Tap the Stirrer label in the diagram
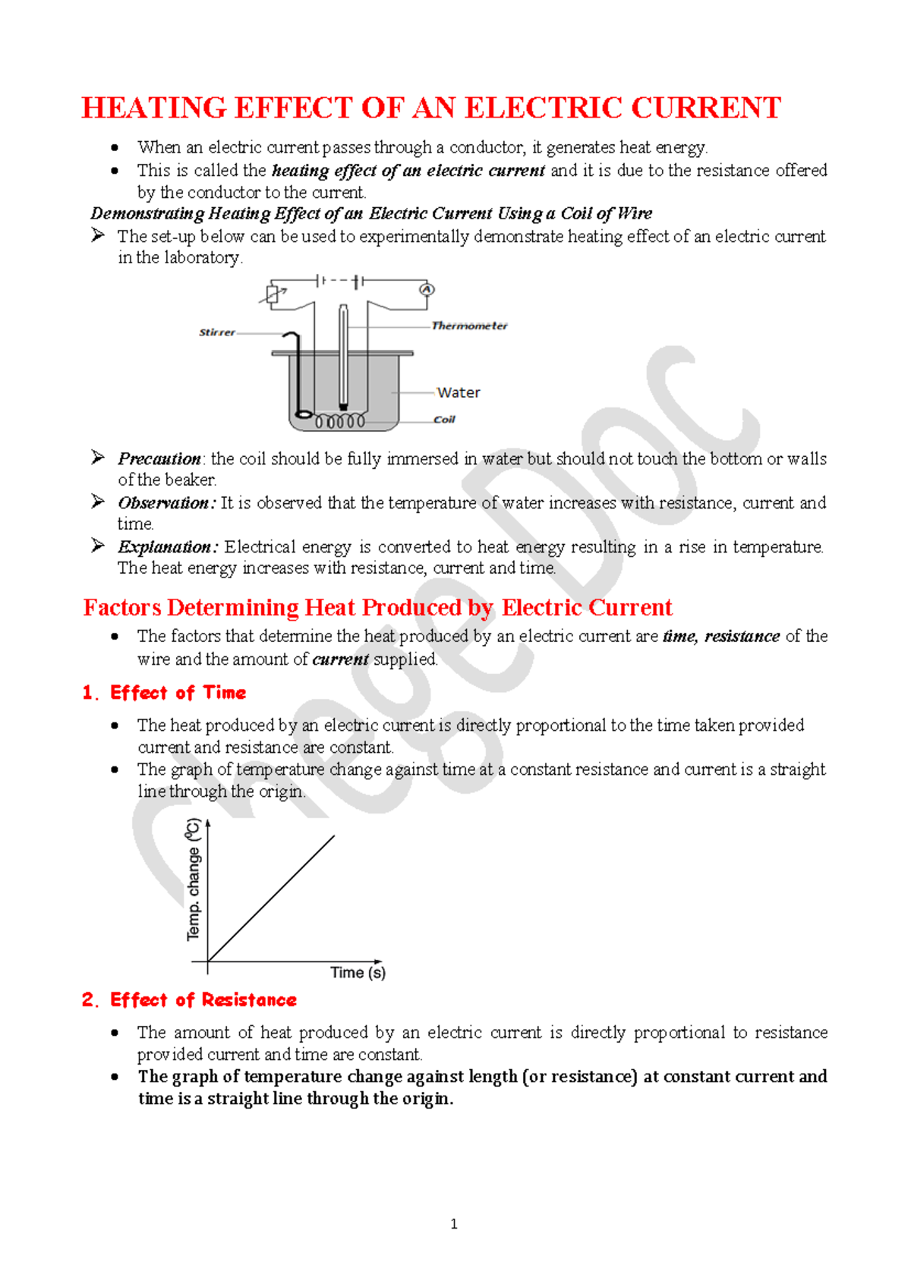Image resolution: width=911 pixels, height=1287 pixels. pos(217,332)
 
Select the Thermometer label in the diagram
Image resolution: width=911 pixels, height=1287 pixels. pos(469,326)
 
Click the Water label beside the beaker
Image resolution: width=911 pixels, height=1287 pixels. pos(459,392)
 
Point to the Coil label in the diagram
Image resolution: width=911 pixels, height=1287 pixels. pos(444,419)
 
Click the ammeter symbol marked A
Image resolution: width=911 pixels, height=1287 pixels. pos(427,290)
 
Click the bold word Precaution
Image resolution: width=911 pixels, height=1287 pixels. pos(159,458)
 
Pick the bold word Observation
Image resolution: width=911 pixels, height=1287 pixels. pos(164,502)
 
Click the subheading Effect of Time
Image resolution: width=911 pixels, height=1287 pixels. pos(178,692)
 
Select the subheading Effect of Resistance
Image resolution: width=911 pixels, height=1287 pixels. pos(203,999)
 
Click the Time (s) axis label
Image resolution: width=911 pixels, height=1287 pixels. pos(358,972)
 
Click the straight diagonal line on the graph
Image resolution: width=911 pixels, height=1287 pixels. pos(272,898)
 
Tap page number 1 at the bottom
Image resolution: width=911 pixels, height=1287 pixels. pos(454,1223)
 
